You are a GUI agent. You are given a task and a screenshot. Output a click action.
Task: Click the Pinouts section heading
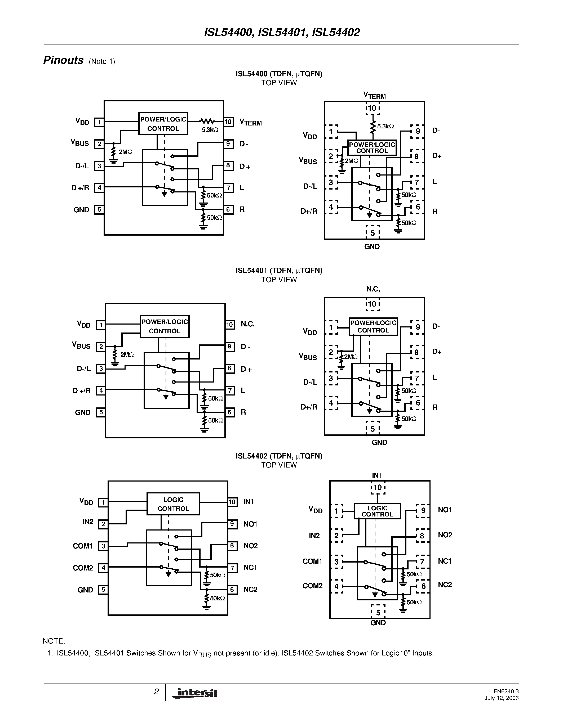coord(63,60)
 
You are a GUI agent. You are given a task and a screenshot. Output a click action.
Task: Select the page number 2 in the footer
coord(156,692)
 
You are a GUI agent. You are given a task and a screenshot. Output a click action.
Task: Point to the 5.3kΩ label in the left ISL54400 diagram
coord(210,130)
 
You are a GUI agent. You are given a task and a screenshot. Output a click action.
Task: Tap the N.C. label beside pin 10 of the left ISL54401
coord(247,324)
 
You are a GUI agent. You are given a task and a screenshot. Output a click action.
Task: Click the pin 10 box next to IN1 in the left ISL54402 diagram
coord(232,502)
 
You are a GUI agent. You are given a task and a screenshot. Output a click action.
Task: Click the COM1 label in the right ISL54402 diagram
coord(312,561)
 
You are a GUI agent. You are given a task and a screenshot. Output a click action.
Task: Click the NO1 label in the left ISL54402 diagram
coord(250,524)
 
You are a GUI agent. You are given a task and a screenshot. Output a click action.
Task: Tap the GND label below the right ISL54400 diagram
coord(372,247)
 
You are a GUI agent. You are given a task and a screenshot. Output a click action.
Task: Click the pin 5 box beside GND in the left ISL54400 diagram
coord(99,210)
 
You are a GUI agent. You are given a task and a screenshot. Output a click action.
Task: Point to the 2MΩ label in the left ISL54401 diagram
coord(127,355)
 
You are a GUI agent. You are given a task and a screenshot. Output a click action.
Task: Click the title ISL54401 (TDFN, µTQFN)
coord(279,270)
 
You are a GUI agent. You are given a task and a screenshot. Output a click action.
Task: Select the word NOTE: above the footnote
coord(54,641)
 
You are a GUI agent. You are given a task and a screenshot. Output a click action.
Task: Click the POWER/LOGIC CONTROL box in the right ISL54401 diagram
coord(373,326)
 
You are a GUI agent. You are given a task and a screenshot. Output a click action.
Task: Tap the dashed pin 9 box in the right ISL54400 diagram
coord(417,131)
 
